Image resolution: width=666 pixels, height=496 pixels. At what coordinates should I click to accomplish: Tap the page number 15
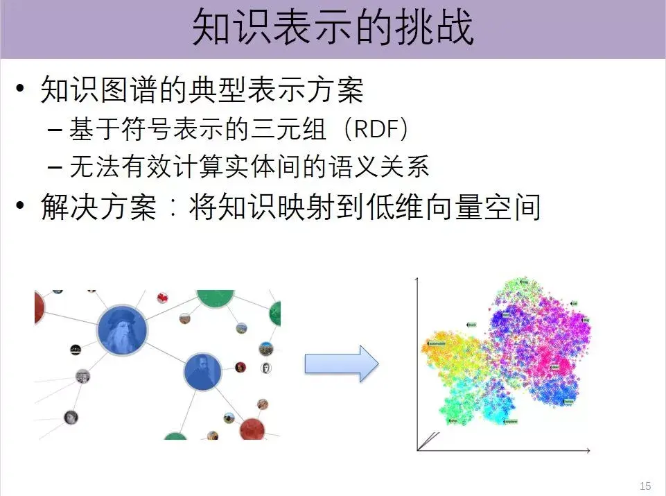tap(645, 485)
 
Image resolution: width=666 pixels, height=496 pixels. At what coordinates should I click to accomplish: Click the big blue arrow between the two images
tap(341, 364)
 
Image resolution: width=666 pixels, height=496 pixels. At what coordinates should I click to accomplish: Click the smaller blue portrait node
tap(202, 373)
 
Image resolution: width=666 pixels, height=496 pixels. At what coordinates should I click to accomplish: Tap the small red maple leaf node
tap(162, 298)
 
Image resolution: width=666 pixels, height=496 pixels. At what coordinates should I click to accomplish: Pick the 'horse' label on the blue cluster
tap(568, 400)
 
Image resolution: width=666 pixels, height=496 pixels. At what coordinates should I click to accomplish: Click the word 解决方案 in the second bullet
tap(98, 207)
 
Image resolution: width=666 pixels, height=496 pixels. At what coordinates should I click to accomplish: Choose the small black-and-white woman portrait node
tap(71, 418)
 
